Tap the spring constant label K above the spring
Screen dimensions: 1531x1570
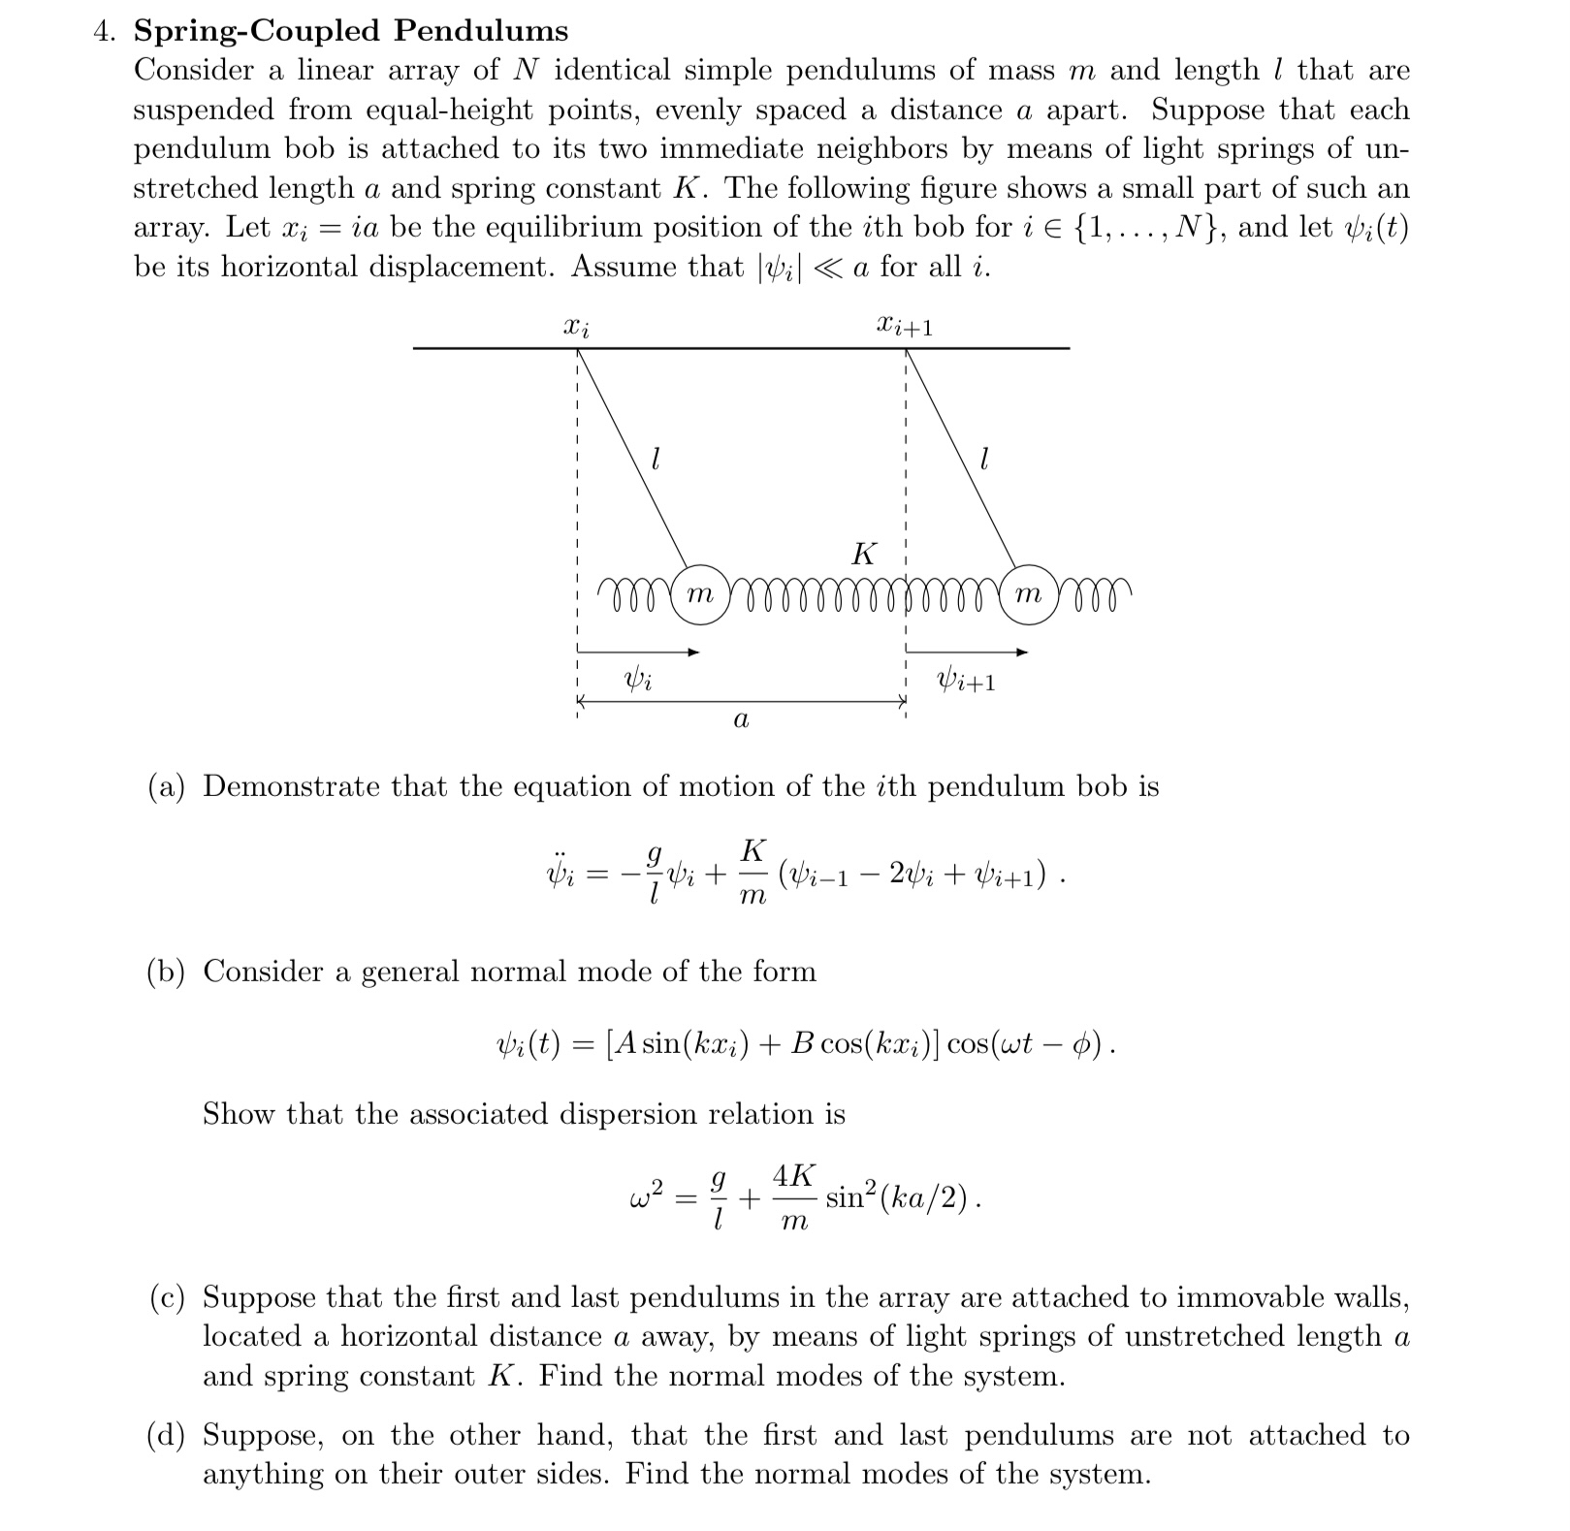coord(862,554)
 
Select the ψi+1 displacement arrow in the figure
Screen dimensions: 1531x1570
coord(966,653)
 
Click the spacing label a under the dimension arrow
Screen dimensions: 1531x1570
coord(741,719)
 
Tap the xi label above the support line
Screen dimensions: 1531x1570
coord(576,327)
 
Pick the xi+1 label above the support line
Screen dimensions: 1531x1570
coord(904,326)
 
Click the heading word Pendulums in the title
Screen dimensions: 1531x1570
coord(481,31)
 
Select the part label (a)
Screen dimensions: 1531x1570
coord(167,786)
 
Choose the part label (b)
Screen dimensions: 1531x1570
coord(167,972)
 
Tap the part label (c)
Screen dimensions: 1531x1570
coord(167,1297)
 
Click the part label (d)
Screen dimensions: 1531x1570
coord(167,1435)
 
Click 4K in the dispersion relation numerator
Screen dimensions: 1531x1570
coord(794,1175)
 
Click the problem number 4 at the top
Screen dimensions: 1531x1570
coord(102,31)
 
